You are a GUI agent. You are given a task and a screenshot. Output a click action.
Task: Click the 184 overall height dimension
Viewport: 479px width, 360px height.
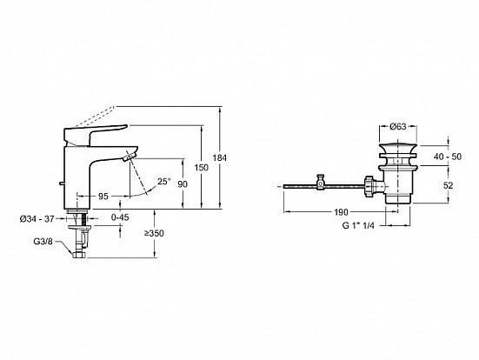coord(220,158)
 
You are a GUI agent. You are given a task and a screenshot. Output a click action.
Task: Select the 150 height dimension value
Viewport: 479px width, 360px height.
coord(202,168)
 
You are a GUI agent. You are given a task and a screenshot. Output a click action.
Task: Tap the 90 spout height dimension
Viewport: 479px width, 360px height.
coord(183,184)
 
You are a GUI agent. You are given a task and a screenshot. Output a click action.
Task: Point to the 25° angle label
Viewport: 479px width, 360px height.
coord(163,182)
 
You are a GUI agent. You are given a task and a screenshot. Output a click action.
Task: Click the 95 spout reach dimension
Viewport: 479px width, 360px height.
coord(103,196)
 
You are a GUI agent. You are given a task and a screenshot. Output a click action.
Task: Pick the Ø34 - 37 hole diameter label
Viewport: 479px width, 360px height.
coord(37,219)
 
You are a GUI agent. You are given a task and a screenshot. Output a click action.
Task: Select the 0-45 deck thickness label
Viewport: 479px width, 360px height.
coord(120,217)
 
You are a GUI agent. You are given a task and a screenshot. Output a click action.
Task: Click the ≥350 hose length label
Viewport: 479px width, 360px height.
coord(154,233)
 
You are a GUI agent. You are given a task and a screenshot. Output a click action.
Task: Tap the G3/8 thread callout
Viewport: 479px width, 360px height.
coord(43,242)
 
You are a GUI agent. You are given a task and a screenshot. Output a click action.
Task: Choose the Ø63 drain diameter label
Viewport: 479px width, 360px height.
coord(398,126)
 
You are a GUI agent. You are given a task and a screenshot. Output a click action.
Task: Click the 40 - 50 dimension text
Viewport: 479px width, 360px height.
coord(448,157)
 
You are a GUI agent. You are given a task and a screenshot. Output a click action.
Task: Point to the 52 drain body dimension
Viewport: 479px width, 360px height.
coord(449,185)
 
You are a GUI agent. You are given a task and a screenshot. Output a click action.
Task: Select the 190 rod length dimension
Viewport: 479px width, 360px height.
coord(341,212)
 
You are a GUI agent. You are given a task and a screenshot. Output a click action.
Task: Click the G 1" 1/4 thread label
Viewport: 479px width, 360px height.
coord(358,225)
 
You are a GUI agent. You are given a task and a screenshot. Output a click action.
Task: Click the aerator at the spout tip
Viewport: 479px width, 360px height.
coord(129,157)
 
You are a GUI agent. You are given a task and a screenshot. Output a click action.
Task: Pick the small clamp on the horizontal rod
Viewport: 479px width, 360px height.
coord(320,183)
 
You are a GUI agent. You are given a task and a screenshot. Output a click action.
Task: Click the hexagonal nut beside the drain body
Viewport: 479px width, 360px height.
coord(369,186)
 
